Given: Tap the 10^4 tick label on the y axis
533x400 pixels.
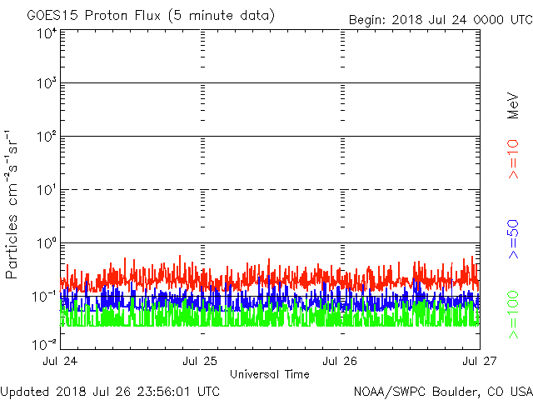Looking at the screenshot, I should [46, 33].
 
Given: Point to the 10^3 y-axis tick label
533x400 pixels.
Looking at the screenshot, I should [46, 84].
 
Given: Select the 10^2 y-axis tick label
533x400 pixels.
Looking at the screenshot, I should [46, 137].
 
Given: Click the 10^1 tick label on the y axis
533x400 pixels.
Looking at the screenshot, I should [46, 190].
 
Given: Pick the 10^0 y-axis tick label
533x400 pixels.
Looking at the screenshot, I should [46, 243].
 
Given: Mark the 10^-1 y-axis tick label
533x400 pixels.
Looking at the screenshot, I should [44, 296].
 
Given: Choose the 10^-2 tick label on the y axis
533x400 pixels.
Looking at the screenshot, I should [44, 343].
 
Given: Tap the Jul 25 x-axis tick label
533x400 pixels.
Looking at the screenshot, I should [201, 361].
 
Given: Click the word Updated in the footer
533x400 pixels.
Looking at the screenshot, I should [26, 390].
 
